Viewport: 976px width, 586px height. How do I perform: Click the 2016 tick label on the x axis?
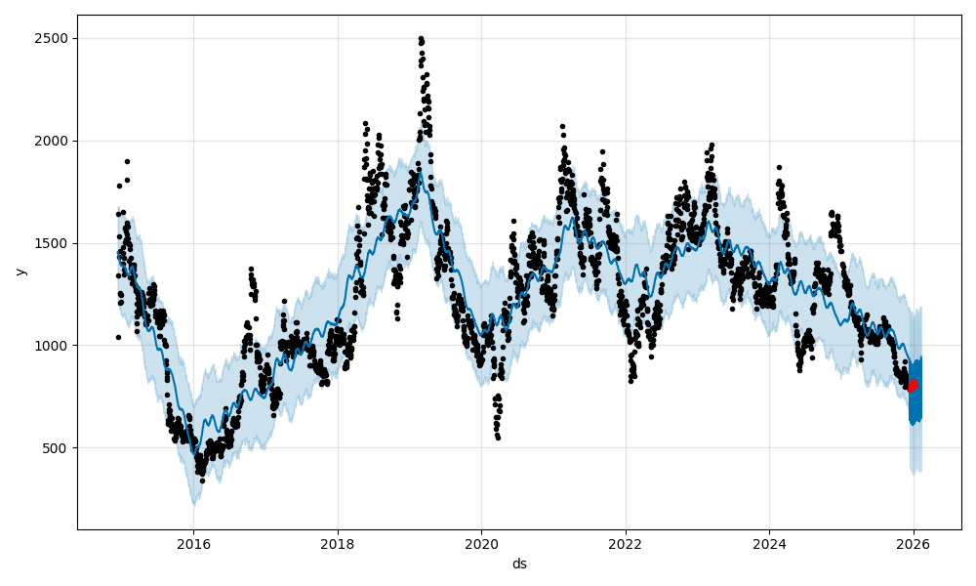click(193, 544)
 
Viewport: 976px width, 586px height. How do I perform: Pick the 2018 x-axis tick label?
click(338, 544)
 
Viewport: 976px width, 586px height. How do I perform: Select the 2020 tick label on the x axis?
click(481, 544)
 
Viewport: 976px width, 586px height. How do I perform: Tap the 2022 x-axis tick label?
click(626, 544)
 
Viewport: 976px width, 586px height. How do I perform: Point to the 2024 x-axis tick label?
click(769, 544)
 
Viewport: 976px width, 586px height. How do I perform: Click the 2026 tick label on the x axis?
click(914, 544)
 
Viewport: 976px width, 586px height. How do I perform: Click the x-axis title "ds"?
click(519, 564)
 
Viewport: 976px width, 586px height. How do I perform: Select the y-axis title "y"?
click(20, 272)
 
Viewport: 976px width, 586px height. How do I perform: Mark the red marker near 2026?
click(913, 385)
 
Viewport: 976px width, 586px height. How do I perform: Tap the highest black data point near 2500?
click(421, 38)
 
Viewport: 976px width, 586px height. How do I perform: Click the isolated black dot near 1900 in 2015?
click(127, 161)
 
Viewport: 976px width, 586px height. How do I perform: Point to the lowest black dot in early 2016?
click(202, 481)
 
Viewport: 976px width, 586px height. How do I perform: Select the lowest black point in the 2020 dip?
click(498, 438)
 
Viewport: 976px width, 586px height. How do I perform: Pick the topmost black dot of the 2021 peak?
click(562, 126)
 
